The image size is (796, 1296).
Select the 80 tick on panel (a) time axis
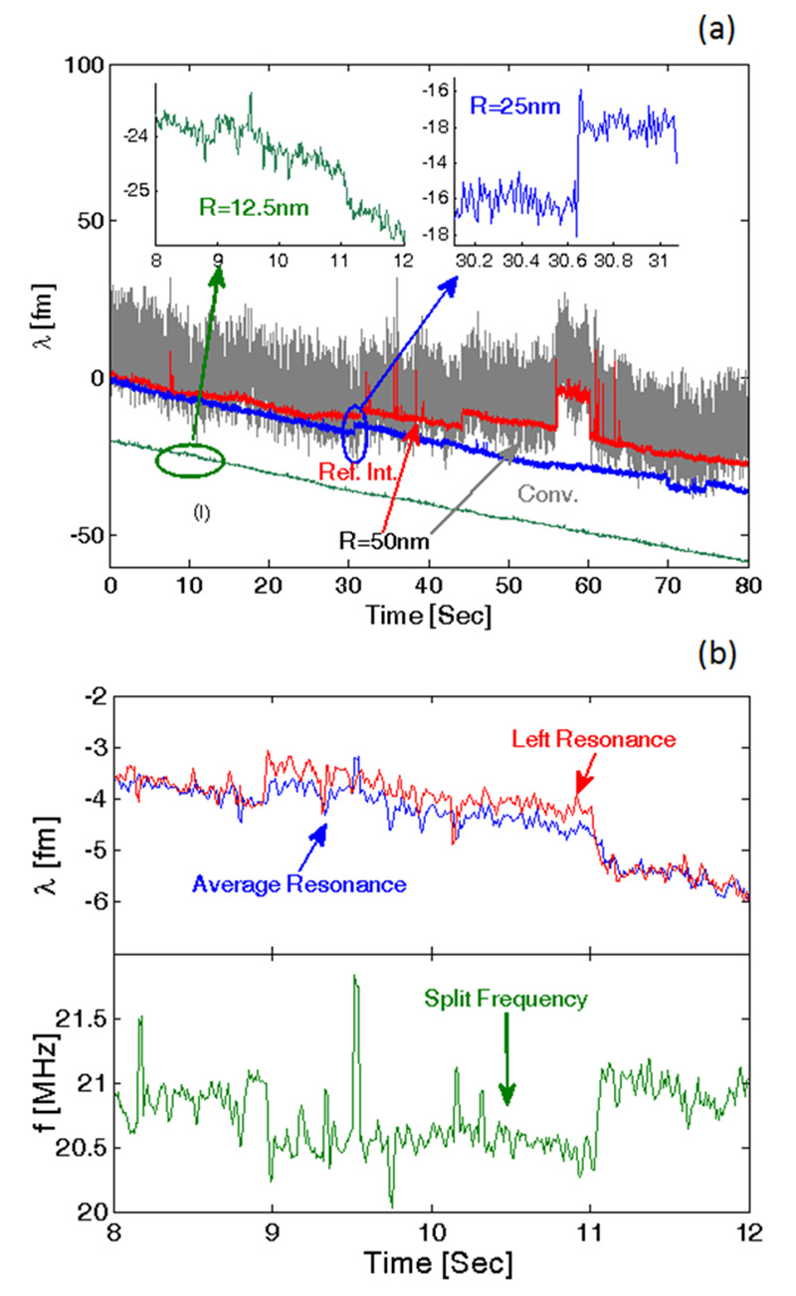click(747, 588)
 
